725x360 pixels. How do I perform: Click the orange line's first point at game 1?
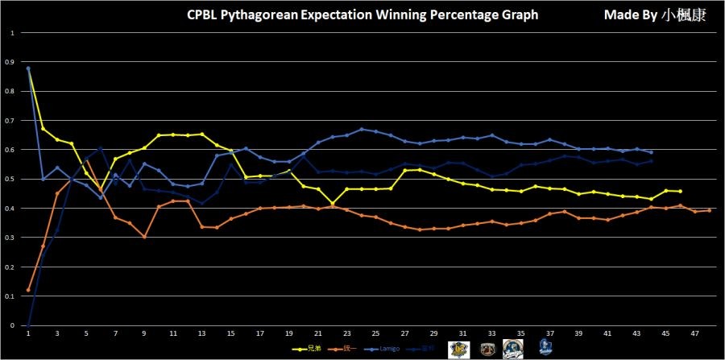tap(28, 290)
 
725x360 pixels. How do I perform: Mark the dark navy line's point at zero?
tap(28, 325)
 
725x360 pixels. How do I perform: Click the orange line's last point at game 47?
tap(709, 210)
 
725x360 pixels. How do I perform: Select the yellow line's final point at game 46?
tap(681, 191)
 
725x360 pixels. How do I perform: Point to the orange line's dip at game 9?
tap(144, 237)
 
